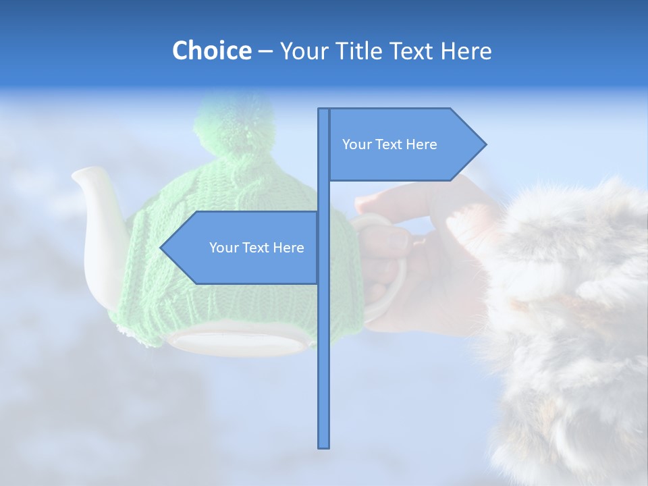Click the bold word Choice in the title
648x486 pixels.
pyautogui.click(x=211, y=51)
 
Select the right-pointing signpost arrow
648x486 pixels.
pyautogui.click(x=405, y=144)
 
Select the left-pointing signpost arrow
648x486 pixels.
pyautogui.click(x=243, y=248)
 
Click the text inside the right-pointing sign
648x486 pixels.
pyautogui.click(x=389, y=144)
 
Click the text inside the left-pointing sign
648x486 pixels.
pyautogui.click(x=256, y=248)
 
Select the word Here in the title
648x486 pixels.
pyautogui.click(x=466, y=51)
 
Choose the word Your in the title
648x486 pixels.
pyautogui.click(x=303, y=51)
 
